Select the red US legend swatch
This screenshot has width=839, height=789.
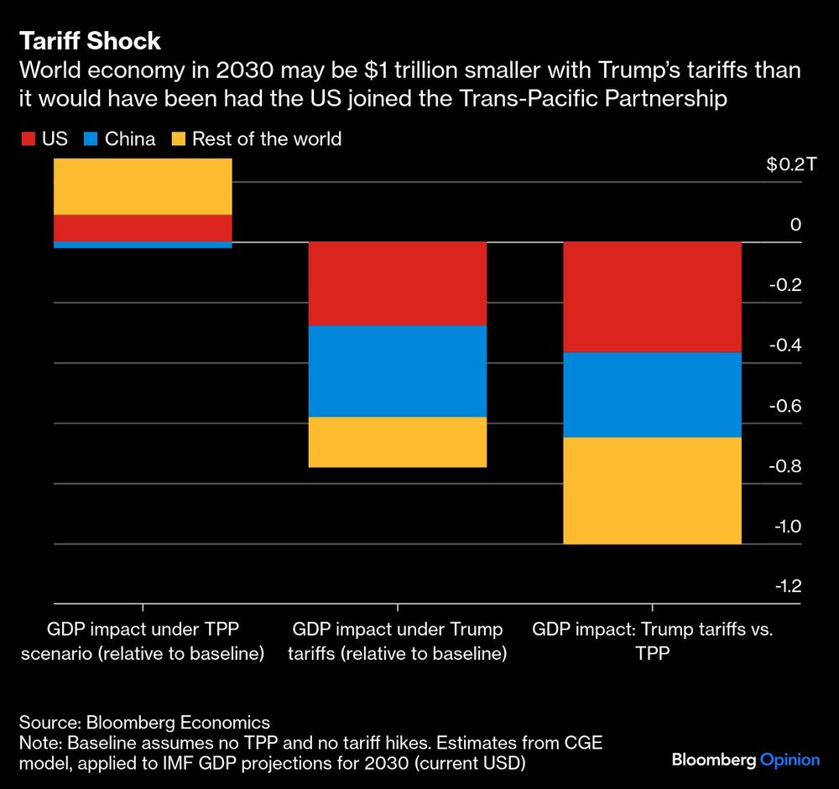28,138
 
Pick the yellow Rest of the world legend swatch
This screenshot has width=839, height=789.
178,138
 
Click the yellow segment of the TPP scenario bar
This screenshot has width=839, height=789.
143,186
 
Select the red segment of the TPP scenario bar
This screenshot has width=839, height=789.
143,227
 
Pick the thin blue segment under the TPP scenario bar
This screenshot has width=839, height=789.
143,245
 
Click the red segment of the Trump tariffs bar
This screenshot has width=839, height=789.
398,283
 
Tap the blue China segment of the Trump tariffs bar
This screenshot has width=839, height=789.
398,371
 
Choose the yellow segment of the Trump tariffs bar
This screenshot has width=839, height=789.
398,442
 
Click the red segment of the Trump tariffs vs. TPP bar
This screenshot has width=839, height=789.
652,297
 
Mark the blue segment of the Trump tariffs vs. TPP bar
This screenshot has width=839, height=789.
652,395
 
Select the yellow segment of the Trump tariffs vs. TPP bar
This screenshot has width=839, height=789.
652,491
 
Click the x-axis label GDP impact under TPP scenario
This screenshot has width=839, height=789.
143,641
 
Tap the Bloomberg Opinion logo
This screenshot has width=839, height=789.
745,760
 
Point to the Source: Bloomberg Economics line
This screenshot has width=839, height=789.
145,722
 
